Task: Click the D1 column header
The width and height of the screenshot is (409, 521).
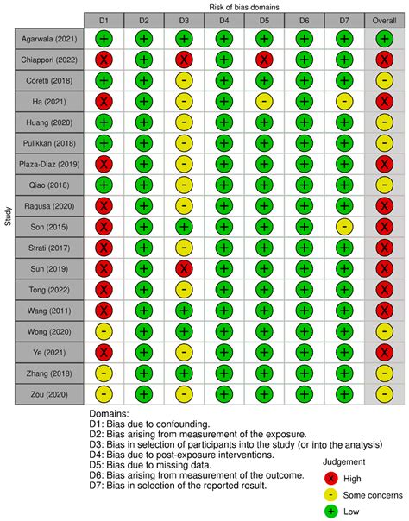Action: click(104, 19)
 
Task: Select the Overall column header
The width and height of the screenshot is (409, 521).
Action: click(383, 19)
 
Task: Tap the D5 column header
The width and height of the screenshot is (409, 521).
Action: click(263, 19)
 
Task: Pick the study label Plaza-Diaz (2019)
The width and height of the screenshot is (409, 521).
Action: click(47, 163)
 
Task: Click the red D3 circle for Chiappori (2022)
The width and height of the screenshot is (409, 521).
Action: click(184, 60)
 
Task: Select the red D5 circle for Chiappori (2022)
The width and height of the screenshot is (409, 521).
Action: click(263, 60)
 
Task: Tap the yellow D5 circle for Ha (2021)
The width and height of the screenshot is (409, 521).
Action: click(263, 101)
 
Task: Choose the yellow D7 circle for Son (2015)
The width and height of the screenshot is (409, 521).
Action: click(343, 226)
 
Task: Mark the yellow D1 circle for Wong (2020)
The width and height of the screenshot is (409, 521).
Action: click(104, 330)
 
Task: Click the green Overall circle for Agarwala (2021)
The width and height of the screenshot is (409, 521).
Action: click(383, 39)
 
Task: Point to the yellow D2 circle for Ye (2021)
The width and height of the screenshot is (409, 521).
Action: click(143, 351)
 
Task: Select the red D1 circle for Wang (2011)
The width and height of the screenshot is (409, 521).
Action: click(104, 310)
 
